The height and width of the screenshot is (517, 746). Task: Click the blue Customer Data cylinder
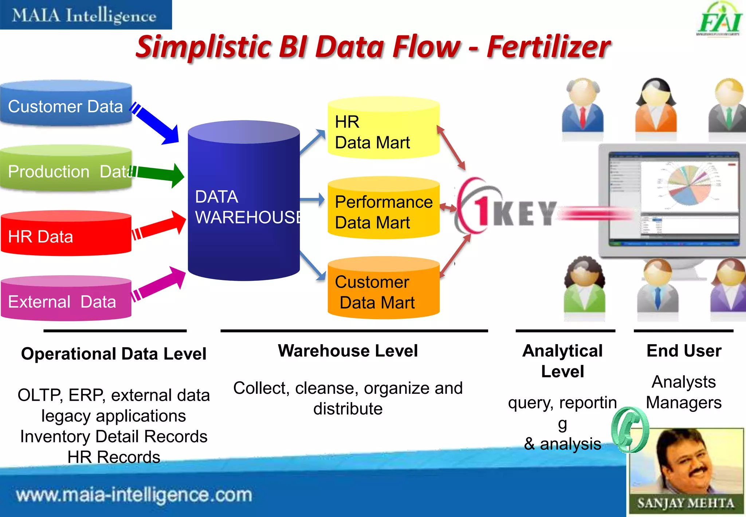(66, 104)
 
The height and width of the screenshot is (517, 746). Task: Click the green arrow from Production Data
(160, 174)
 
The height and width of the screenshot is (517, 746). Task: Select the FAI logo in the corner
(719, 20)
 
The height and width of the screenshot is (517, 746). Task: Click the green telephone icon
(630, 430)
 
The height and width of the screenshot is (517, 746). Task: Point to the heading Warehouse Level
(348, 351)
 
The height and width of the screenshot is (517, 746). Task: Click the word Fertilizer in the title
(548, 47)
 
